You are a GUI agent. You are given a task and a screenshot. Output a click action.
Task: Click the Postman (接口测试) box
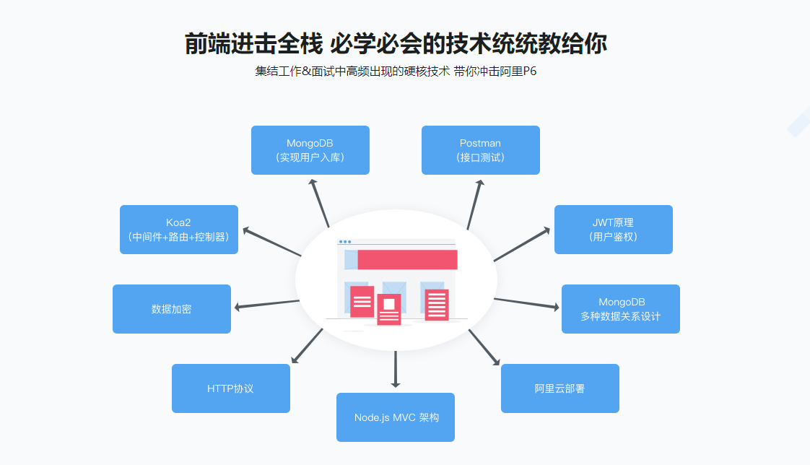pos(480,150)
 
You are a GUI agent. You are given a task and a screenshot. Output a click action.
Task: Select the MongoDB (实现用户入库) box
pos(310,150)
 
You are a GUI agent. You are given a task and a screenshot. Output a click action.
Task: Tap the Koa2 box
pos(178,230)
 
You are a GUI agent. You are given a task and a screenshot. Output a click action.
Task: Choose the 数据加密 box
pos(171,309)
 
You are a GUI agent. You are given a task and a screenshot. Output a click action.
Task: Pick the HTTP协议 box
pos(230,388)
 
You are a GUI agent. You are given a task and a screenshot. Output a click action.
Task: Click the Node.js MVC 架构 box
pos(396,417)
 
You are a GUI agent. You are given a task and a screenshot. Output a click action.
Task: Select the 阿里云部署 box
pos(559,388)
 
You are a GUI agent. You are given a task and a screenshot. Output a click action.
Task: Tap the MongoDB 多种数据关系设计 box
pos(620,309)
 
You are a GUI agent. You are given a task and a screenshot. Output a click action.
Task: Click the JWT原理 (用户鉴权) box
pos(613,230)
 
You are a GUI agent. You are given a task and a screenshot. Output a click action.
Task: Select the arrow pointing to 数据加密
pos(267,304)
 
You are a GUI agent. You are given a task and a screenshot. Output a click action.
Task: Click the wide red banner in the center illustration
pos(407,260)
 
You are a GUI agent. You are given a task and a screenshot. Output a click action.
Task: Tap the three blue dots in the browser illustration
pos(345,242)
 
